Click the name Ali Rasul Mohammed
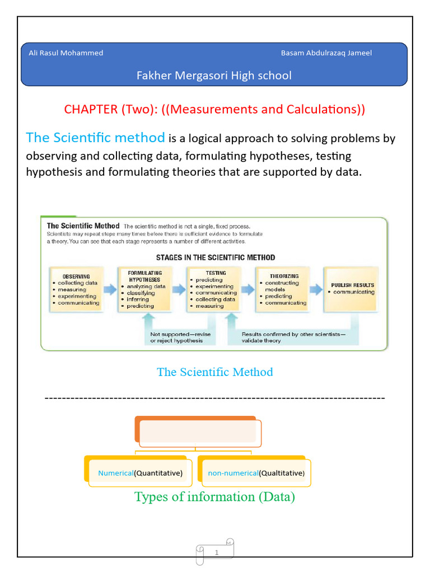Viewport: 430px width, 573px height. tap(66, 53)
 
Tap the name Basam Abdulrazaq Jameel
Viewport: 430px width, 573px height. tap(326, 53)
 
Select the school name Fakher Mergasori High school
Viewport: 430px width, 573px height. tap(214, 76)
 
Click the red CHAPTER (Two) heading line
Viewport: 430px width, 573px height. tap(214, 109)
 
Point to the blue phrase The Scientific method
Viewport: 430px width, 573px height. tap(96, 138)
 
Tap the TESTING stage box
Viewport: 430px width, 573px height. tap(213, 289)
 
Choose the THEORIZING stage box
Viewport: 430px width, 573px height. tap(283, 289)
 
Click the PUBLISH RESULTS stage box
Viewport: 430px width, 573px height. tap(352, 289)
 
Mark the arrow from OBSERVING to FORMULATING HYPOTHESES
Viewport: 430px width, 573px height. tap(110, 289)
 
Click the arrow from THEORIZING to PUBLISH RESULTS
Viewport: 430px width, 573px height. tap(317, 289)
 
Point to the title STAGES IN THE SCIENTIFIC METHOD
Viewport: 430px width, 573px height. tap(214, 258)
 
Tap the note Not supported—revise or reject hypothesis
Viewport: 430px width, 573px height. tap(181, 337)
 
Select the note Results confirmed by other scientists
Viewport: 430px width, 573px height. tap(293, 337)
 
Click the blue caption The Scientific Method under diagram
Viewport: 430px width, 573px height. tap(214, 372)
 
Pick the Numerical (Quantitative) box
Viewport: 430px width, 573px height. tap(140, 473)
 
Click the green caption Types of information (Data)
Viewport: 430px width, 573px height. tap(214, 497)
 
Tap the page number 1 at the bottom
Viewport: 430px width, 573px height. tap(216, 553)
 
